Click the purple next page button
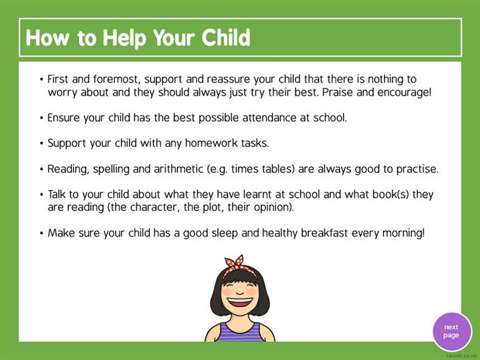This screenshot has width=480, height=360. tap(452, 332)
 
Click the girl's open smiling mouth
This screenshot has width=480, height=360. tap(239, 302)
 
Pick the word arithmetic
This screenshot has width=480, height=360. tap(178, 169)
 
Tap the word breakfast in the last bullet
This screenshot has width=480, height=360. tap(325, 233)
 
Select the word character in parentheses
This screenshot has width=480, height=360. tap(154, 207)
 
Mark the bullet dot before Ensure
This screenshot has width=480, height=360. tap(42, 118)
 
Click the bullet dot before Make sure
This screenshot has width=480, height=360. tap(42, 233)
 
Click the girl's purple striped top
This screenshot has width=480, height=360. tap(240, 333)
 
